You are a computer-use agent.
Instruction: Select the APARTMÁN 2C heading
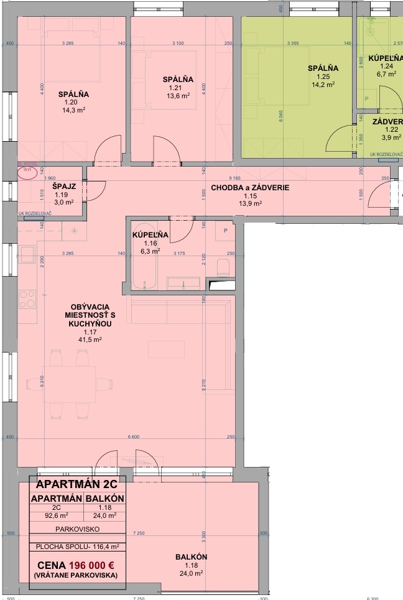(x=77, y=484)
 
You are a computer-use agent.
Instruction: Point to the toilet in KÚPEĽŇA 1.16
(x=223, y=268)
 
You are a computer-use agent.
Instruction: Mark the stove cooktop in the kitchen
(x=27, y=300)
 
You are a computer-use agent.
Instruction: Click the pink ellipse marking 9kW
(x=27, y=172)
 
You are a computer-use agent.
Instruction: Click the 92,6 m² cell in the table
(x=56, y=515)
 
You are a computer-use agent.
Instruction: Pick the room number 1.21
(x=174, y=88)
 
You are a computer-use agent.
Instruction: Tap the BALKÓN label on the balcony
(x=191, y=557)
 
